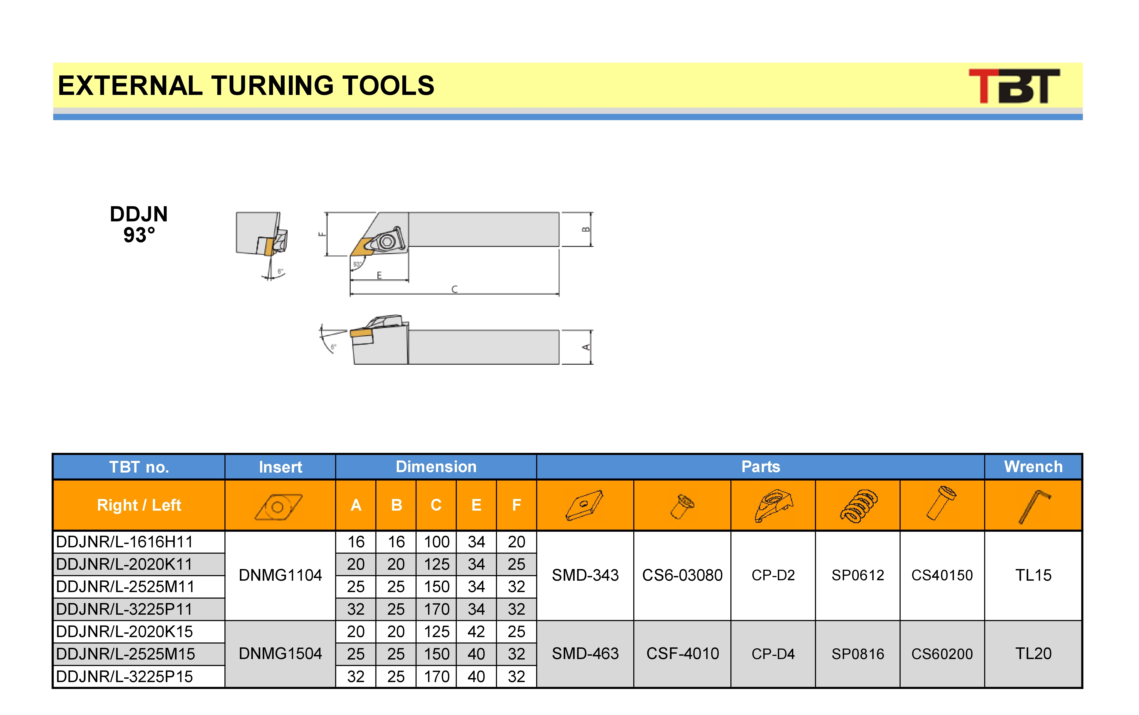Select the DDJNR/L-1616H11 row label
[x=124, y=542]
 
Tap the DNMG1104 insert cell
[x=280, y=576]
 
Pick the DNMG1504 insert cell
[x=280, y=654]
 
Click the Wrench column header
[x=1033, y=467]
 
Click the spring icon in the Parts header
[x=858, y=506]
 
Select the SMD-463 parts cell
[x=585, y=654]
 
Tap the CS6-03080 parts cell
[x=682, y=576]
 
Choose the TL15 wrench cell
[x=1033, y=576]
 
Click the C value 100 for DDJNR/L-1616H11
[x=436, y=542]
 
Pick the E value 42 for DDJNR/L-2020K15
[x=476, y=632]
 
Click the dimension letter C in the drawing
[x=454, y=289]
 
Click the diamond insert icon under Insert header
[x=279, y=507]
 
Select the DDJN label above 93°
[x=139, y=214]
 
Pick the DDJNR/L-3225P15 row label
[x=124, y=677]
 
